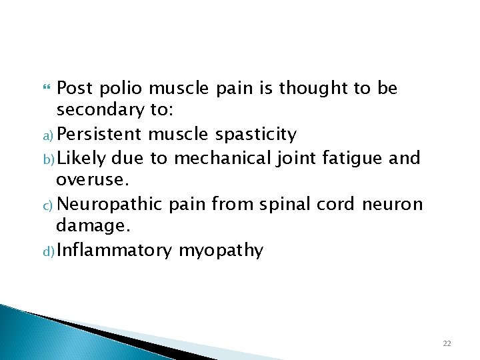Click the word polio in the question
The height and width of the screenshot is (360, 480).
point(121,88)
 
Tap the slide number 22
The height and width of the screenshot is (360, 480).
point(447,343)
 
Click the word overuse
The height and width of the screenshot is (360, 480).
point(85,181)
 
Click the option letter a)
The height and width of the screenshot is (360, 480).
point(49,136)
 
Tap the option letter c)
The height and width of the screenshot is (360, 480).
point(49,205)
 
